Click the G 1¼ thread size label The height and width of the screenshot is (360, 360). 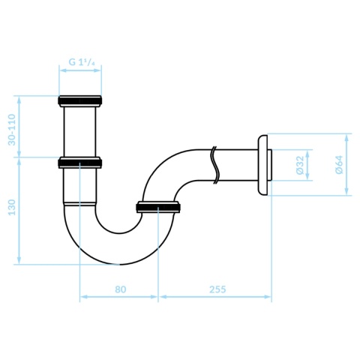[x=82, y=61]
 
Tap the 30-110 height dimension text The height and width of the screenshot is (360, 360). [x=12, y=130]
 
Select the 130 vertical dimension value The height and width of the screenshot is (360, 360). [x=12, y=207]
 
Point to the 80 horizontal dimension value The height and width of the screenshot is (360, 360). [x=121, y=289]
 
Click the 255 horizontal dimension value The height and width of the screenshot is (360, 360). [x=217, y=289]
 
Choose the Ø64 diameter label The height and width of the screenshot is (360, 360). [x=340, y=164]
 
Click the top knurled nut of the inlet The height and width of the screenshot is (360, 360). [x=80, y=100]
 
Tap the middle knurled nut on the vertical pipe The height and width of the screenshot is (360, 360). [x=80, y=163]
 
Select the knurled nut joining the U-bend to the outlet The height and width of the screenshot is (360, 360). [x=158, y=207]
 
